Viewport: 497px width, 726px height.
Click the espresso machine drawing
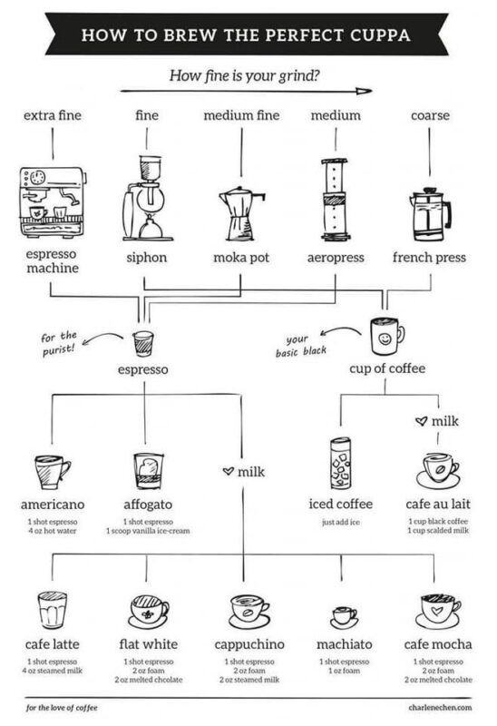[53, 202]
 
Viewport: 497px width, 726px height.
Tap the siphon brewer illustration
[147, 198]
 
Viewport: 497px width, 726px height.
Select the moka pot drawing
[241, 213]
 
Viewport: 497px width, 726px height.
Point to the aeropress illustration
[335, 200]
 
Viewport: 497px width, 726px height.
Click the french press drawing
[430, 214]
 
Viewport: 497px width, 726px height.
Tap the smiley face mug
[387, 337]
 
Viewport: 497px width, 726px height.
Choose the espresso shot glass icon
[143, 344]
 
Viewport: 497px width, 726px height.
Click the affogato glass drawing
[149, 471]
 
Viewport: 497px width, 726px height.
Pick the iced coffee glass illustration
[341, 464]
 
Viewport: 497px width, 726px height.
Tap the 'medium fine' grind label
[241, 115]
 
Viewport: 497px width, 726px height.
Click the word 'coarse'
[431, 116]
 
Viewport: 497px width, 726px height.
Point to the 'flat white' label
[149, 644]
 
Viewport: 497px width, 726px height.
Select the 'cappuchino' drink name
[249, 644]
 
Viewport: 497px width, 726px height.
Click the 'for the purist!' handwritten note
[59, 343]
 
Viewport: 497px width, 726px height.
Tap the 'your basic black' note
[301, 347]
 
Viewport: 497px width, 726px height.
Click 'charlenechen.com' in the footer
[440, 707]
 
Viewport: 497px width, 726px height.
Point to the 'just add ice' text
[341, 523]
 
